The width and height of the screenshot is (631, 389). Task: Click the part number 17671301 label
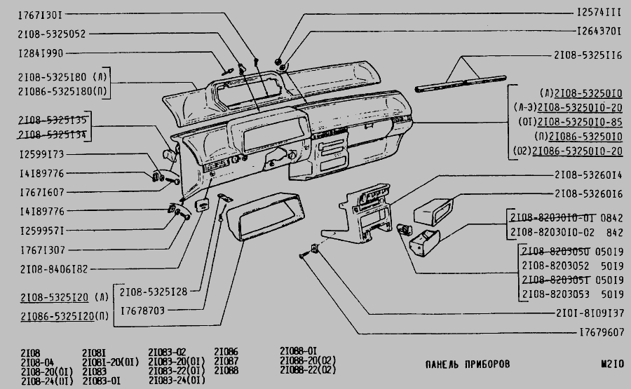click(41, 14)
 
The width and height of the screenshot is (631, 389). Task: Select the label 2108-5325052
click(53, 34)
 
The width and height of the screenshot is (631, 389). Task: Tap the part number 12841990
click(41, 53)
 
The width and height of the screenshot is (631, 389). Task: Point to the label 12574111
click(599, 13)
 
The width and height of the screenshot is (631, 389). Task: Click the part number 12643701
click(599, 32)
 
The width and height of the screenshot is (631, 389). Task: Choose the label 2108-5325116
click(588, 54)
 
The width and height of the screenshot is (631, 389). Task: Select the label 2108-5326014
click(588, 175)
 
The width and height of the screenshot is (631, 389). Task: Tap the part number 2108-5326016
click(588, 193)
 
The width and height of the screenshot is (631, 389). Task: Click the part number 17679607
click(599, 332)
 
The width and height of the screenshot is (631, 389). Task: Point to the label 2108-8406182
click(54, 268)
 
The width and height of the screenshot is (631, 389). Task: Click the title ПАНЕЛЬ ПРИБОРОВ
click(468, 364)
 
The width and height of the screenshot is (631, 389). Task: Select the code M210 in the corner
click(612, 364)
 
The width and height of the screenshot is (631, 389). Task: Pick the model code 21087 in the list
click(226, 361)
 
